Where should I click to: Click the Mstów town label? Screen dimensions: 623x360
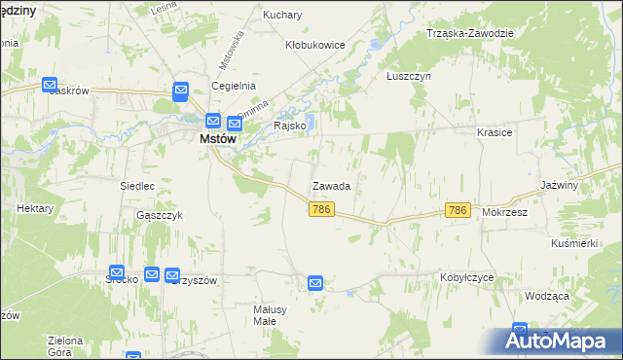pos(218,139)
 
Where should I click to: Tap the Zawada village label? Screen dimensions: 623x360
pos(331,185)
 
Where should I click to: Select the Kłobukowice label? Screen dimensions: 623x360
pos(315,45)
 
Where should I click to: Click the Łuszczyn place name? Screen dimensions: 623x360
pos(408,76)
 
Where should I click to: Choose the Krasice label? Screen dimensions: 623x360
pos(495,131)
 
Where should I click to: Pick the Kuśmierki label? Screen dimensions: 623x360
pos(573,243)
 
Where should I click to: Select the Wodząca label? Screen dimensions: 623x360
pos(545,296)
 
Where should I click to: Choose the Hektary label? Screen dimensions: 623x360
pos(34,209)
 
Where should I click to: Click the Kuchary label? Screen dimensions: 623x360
pos(283,16)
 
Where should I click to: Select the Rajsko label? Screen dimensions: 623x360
pos(291,126)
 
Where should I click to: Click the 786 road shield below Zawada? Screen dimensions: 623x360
pos(323,209)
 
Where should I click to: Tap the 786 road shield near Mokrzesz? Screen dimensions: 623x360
pos(458,209)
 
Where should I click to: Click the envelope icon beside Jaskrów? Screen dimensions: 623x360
pos(51,85)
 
